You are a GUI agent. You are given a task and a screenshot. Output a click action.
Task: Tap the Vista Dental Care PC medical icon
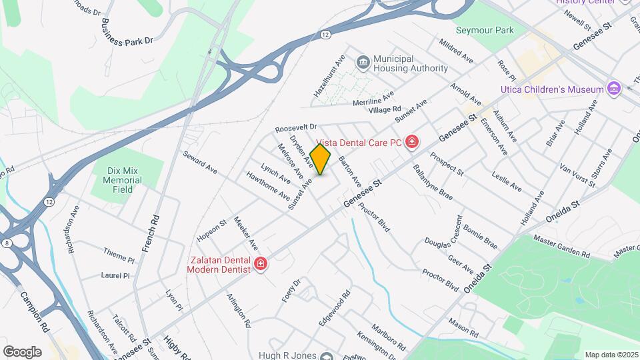pos(412,142)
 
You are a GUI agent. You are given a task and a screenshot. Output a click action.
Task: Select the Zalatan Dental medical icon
pos(260,265)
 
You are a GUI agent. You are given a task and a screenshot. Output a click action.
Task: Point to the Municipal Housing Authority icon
pos(363,63)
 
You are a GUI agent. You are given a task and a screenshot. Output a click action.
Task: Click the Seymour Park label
pos(485,30)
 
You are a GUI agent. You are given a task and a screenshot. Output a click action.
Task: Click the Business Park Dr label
pos(127,30)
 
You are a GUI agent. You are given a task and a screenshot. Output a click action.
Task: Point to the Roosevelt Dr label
pos(297,127)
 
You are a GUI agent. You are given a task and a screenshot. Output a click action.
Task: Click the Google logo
pos(22,351)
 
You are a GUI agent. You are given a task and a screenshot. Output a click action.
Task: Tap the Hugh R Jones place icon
pos(327,356)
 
